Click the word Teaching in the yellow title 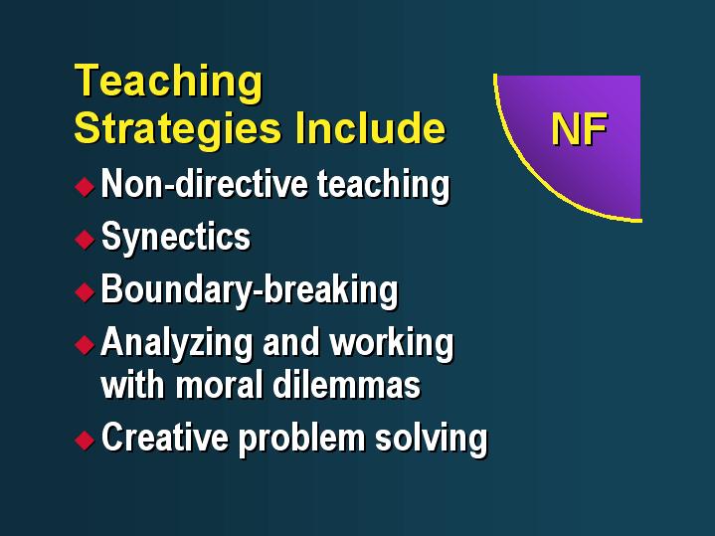click(x=168, y=83)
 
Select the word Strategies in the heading click(x=177, y=130)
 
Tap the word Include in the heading click(x=370, y=127)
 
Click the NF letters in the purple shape click(x=579, y=129)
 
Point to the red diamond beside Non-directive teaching click(x=85, y=187)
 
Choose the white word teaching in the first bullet click(x=384, y=186)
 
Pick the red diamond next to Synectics click(x=85, y=239)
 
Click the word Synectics click(x=176, y=238)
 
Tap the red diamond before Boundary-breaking click(x=85, y=292)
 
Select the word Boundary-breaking click(x=250, y=290)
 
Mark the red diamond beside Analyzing click(x=85, y=344)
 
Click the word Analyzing click(x=176, y=343)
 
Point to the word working click(x=392, y=343)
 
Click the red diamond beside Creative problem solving click(x=85, y=441)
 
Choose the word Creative click(x=165, y=437)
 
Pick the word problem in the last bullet click(x=301, y=439)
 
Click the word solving click(x=432, y=439)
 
